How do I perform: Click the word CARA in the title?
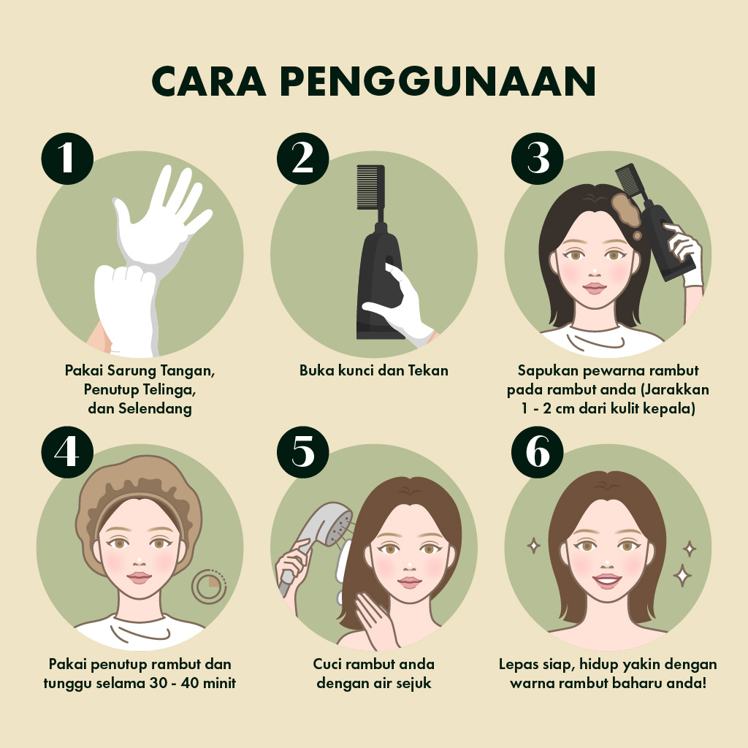[209, 81]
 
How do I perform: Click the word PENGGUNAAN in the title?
[438, 81]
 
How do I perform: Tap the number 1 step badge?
[67, 159]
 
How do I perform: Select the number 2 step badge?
[303, 159]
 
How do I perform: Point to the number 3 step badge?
[538, 159]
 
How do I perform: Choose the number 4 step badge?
[67, 452]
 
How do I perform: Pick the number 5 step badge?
[303, 452]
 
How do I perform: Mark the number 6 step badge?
[538, 452]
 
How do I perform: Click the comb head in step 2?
[370, 187]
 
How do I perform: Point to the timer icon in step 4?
[209, 587]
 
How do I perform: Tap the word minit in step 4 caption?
[220, 683]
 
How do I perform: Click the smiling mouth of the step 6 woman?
[607, 581]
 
